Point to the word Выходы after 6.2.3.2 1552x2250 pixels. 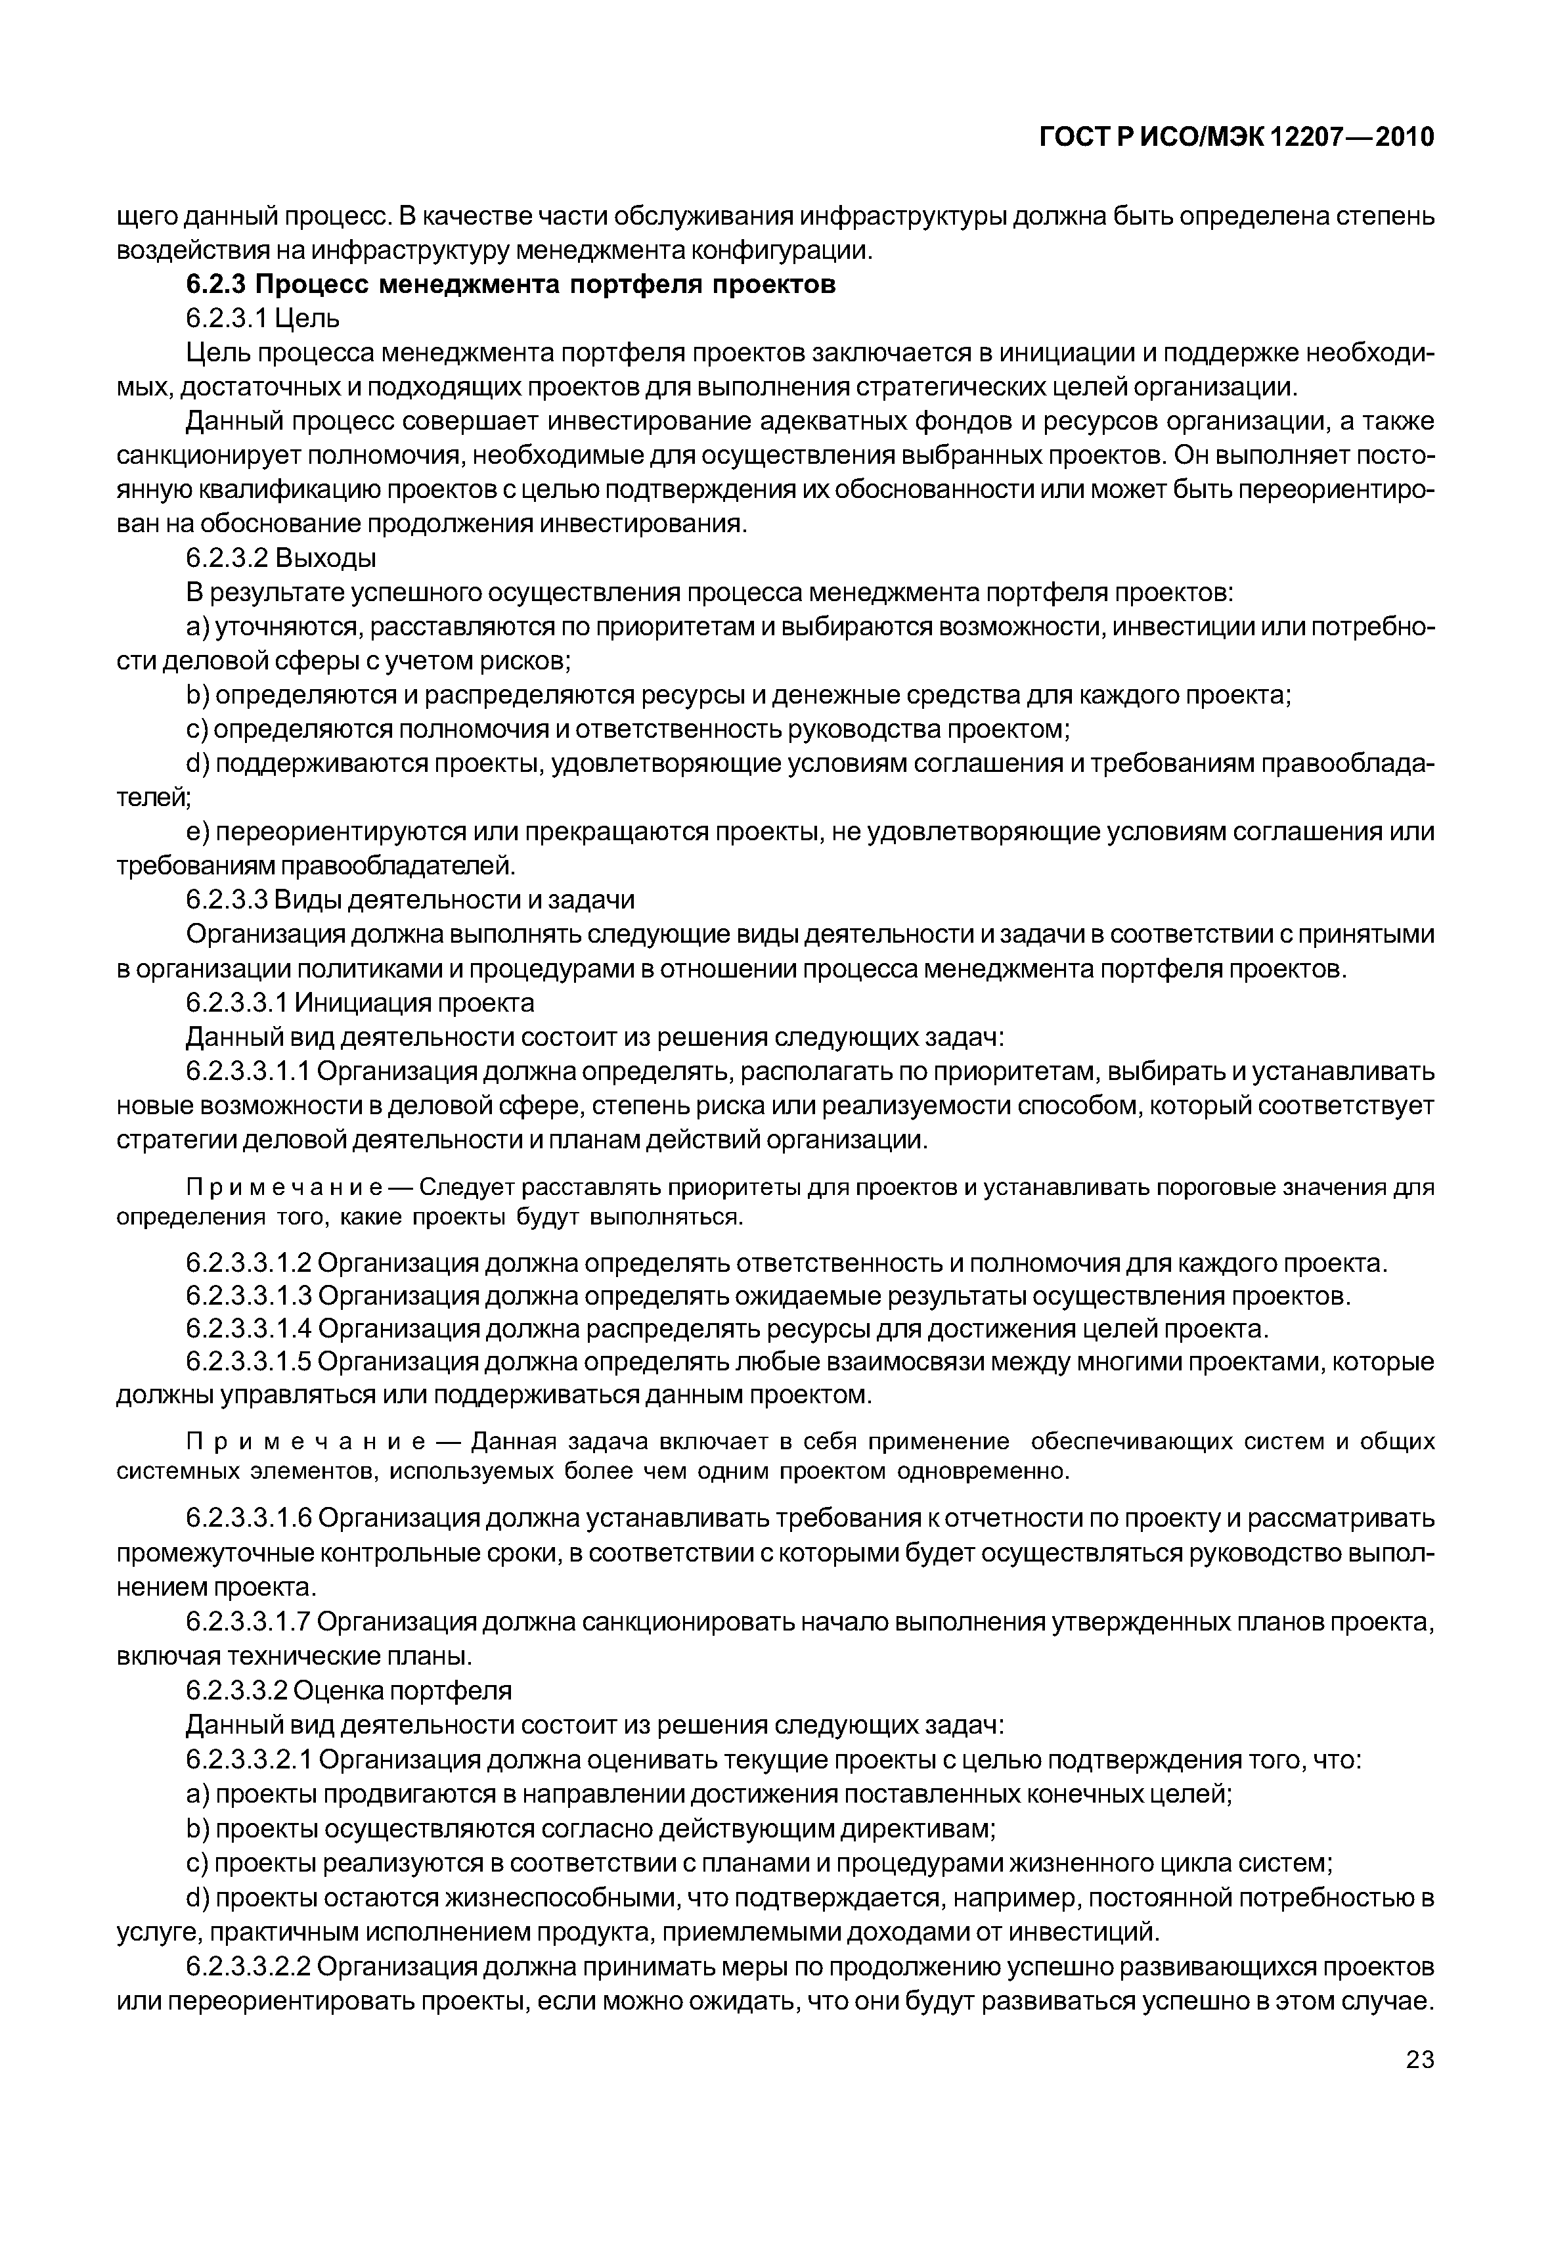tap(326, 558)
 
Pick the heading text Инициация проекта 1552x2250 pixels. tap(414, 1002)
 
